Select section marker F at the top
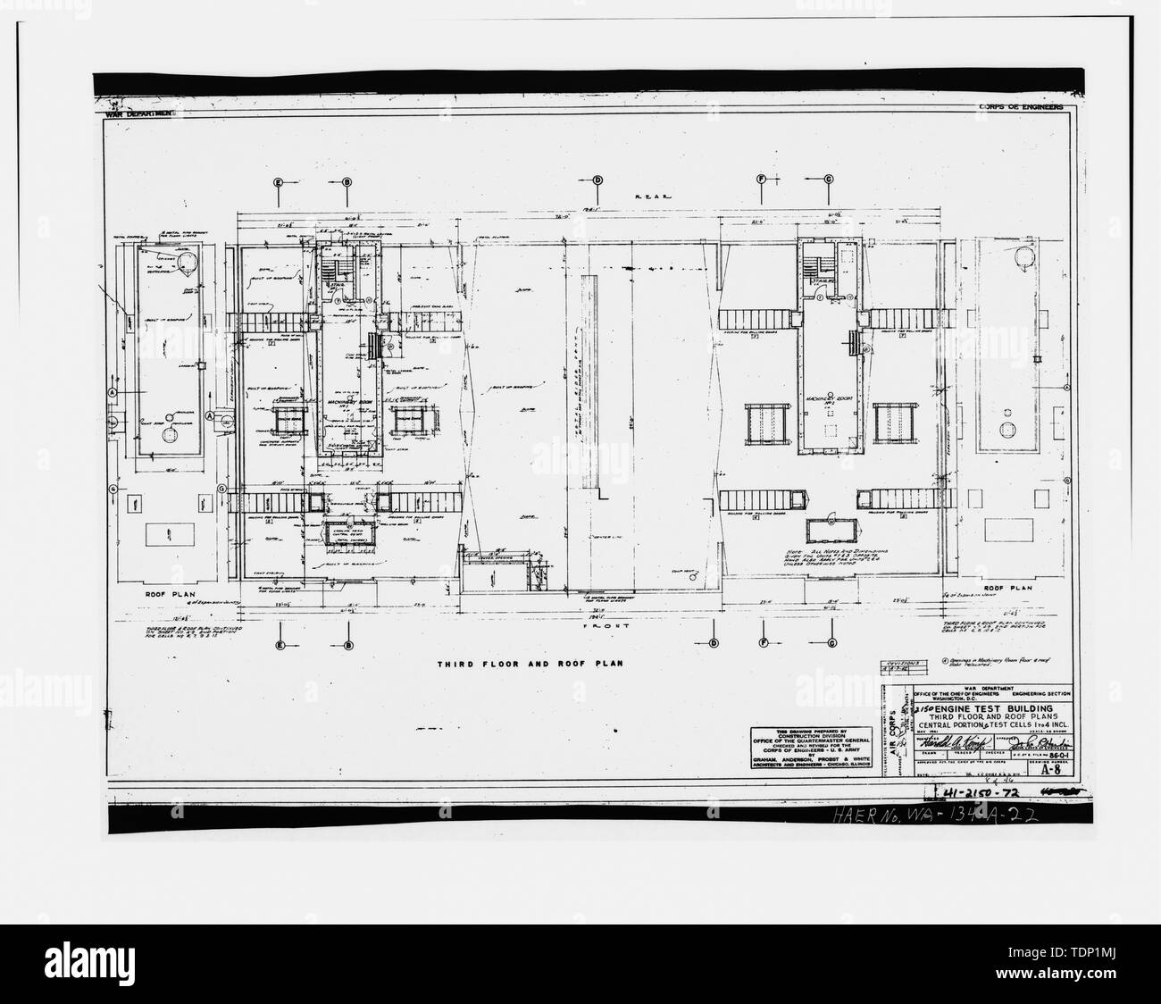pyautogui.click(x=762, y=180)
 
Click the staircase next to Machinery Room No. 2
pyautogui.click(x=810, y=266)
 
